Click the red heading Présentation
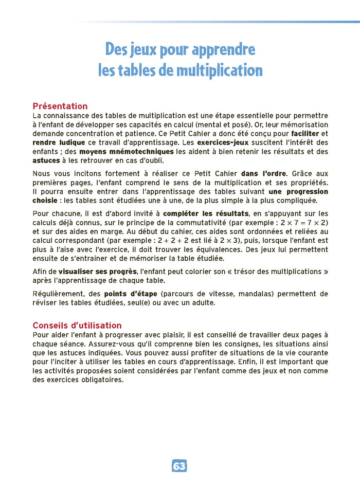[60, 106]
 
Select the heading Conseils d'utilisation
[77, 325]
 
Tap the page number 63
[179, 466]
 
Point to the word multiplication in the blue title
[219, 70]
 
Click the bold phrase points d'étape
[131, 294]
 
